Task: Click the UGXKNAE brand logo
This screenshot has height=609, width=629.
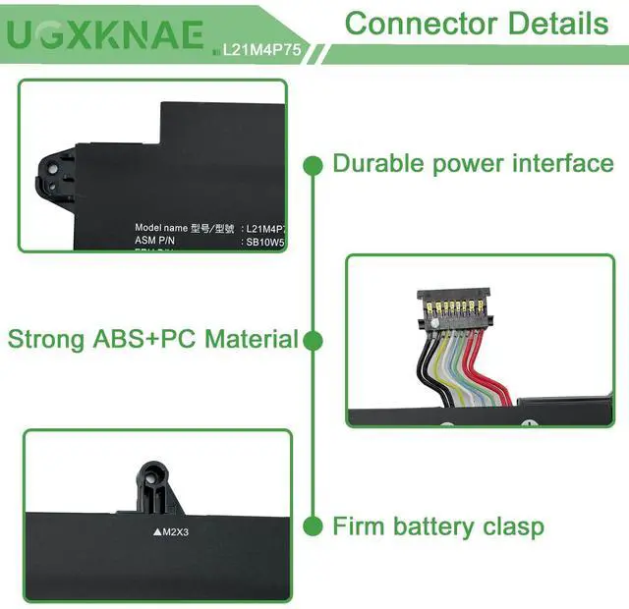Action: point(108,36)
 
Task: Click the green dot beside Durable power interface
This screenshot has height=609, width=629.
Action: point(313,164)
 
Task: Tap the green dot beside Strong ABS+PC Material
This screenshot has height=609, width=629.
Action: point(313,341)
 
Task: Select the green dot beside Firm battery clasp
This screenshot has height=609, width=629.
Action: point(313,527)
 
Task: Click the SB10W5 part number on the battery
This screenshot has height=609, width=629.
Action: point(266,239)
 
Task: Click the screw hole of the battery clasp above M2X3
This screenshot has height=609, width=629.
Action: point(154,485)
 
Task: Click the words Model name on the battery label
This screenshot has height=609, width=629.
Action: point(160,227)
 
